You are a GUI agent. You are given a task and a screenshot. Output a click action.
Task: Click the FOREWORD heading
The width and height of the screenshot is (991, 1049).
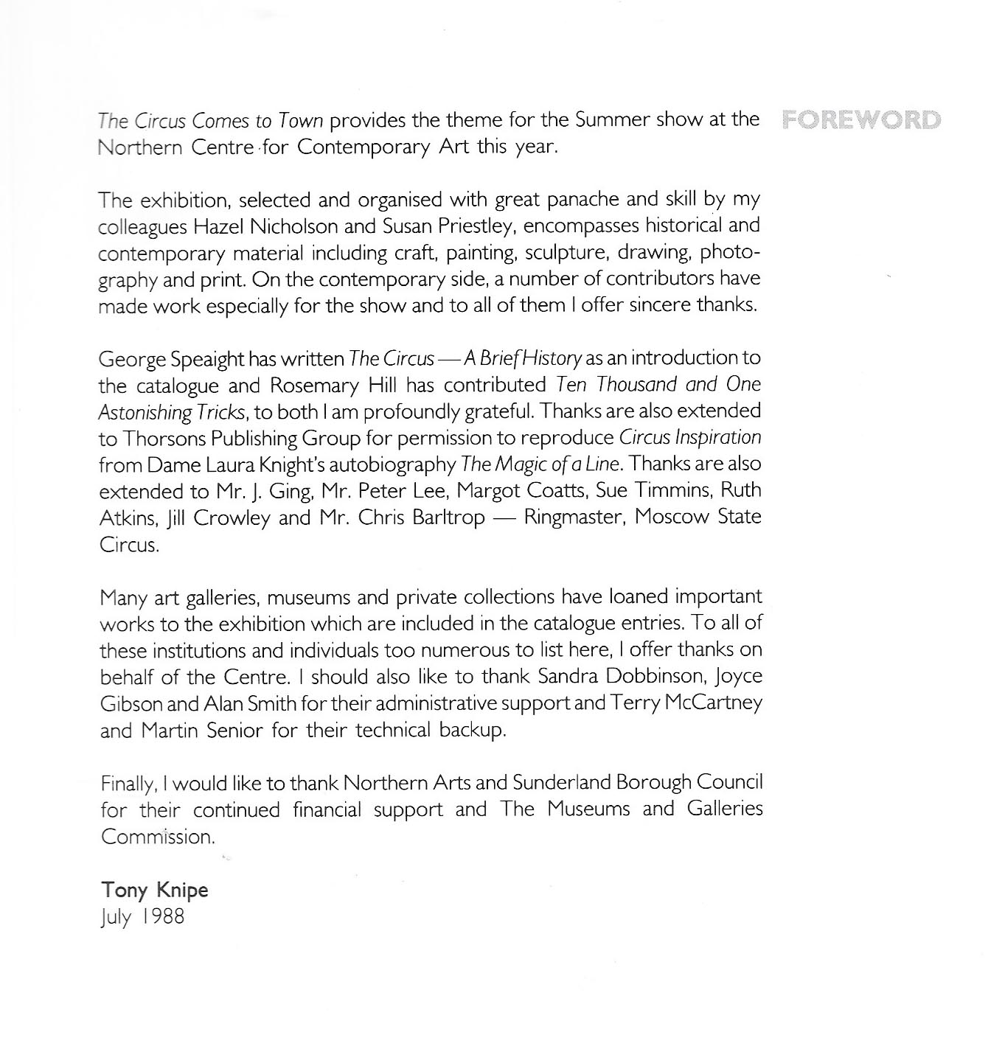click(x=860, y=119)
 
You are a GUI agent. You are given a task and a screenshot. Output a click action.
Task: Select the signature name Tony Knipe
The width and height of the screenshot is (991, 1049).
click(x=155, y=890)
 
